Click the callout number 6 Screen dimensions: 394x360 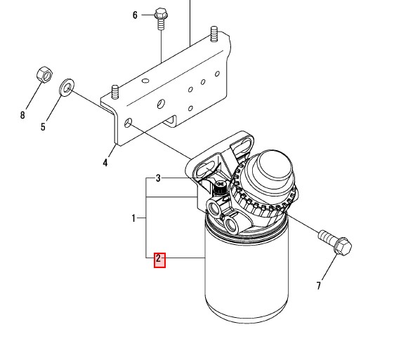pyautogui.click(x=135, y=15)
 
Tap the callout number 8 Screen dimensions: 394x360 pyautogui.click(x=22, y=115)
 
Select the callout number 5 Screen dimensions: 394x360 pyautogui.click(x=43, y=127)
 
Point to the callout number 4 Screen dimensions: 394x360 pyautogui.click(x=105, y=163)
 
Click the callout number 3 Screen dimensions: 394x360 pyautogui.click(x=158, y=178)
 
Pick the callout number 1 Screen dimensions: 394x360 pyautogui.click(x=133, y=218)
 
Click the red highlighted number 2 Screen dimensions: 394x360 pyautogui.click(x=160, y=260)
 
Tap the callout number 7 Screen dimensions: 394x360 pyautogui.click(x=319, y=286)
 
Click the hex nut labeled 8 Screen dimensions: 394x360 pyautogui.click(x=45, y=74)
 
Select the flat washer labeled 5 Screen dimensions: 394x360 pyautogui.click(x=67, y=88)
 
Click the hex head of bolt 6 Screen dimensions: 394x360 pyautogui.click(x=161, y=13)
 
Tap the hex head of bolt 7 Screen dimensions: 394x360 pyautogui.click(x=342, y=246)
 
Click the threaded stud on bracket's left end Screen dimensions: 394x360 pyautogui.click(x=115, y=92)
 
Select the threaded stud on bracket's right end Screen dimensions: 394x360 pyautogui.click(x=214, y=34)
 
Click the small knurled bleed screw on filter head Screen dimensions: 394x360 pyautogui.click(x=220, y=187)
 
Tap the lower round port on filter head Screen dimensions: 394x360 pyautogui.click(x=232, y=225)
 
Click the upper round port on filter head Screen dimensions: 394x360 pyautogui.click(x=214, y=209)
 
